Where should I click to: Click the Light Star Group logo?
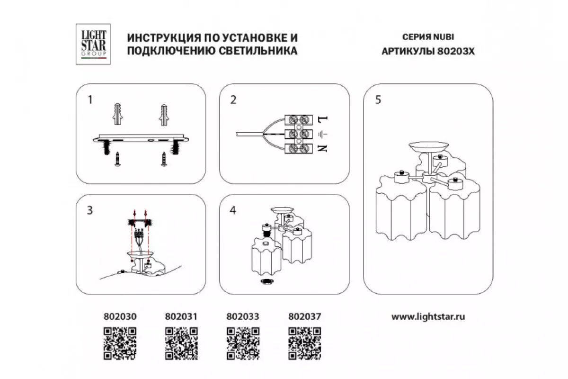(93, 45)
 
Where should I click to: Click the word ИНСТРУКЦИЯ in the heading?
(160, 37)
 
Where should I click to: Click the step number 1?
(89, 100)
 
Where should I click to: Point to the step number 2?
(233, 100)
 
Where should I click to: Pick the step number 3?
(89, 211)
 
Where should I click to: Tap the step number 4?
(233, 211)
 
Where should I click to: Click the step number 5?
(377, 100)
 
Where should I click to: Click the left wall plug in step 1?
(118, 114)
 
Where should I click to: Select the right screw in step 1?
(164, 160)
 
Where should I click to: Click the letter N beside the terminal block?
(324, 149)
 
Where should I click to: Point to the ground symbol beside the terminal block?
(323, 134)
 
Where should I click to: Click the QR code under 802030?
(120, 343)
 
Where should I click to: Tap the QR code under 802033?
(243, 343)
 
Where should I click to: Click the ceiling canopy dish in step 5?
(427, 147)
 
